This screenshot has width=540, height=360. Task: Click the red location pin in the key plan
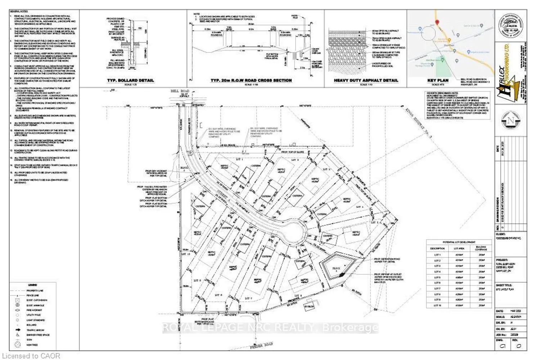coord(437,23)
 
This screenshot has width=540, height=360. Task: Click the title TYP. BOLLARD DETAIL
coord(130,80)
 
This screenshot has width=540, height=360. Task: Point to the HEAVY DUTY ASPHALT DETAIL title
coord(366,80)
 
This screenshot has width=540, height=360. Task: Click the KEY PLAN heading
coord(438,80)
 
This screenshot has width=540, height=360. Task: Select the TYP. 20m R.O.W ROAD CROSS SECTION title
coord(251,80)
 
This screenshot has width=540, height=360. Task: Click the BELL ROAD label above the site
coord(180,91)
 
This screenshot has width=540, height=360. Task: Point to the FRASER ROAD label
coord(261,346)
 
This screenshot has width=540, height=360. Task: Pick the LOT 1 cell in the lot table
coord(437,255)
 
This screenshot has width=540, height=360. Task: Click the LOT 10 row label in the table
coord(437,305)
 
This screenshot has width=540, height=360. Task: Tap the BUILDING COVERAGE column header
coord(481,248)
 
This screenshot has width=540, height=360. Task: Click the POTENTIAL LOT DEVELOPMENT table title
coord(459,242)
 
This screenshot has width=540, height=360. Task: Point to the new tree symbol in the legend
coord(18,345)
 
